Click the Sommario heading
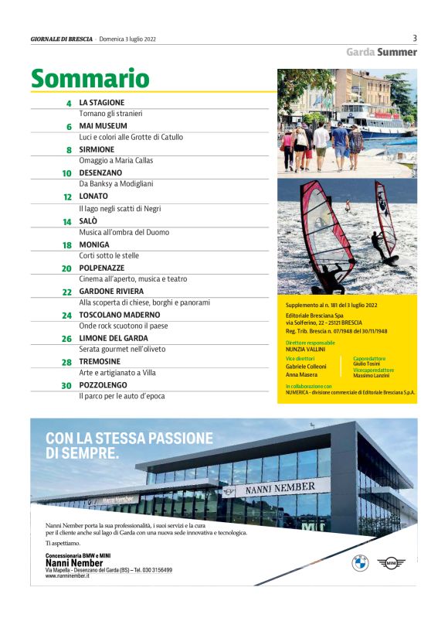click(90, 78)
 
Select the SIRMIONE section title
click(97, 149)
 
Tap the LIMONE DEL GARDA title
click(114, 338)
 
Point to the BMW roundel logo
click(360, 563)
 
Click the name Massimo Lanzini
click(373, 376)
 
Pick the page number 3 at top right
click(415, 38)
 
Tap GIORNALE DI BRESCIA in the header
click(61, 39)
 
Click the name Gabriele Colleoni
click(307, 366)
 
